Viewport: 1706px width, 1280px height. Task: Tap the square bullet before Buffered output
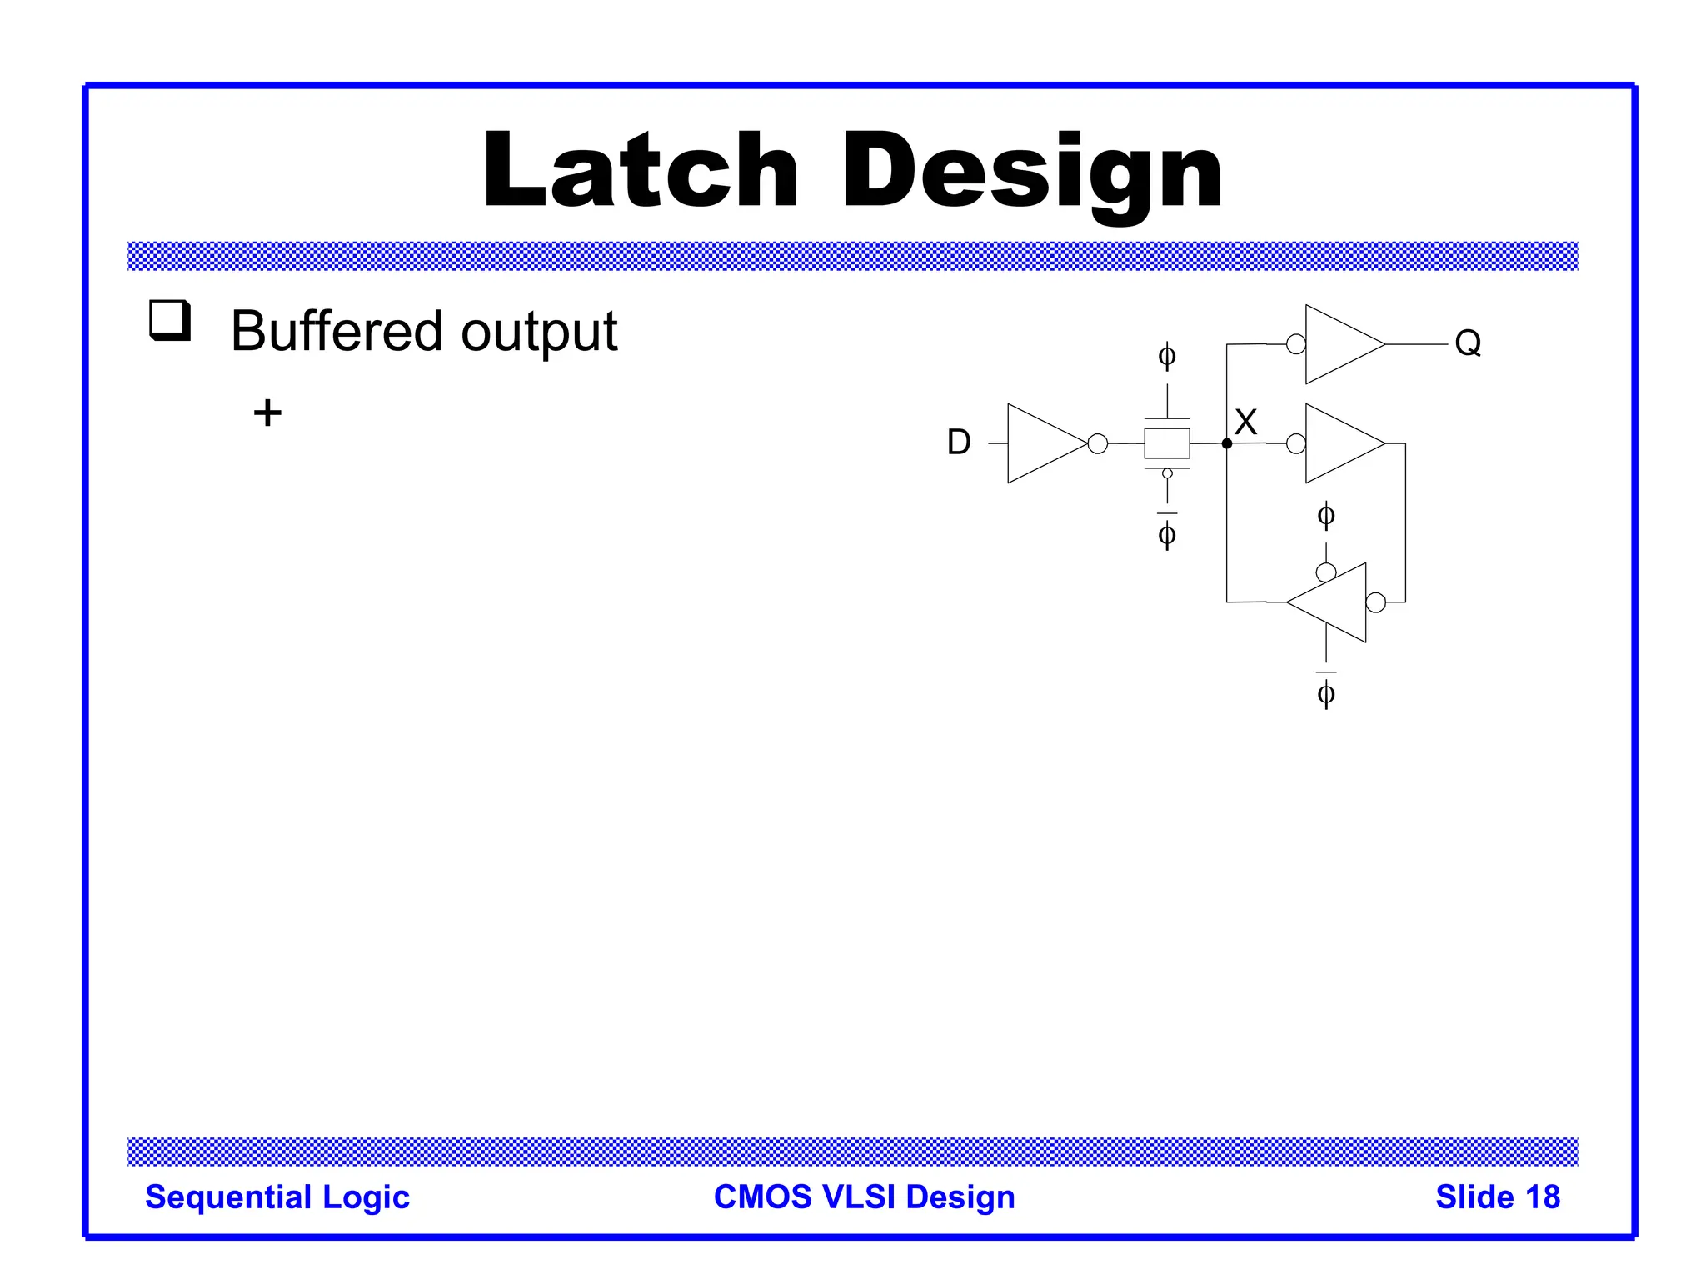(170, 321)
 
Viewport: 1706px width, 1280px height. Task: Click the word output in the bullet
(539, 332)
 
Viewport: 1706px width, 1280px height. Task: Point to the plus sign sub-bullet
(267, 412)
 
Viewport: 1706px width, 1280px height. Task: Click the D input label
(959, 442)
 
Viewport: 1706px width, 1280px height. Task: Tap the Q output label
(1468, 342)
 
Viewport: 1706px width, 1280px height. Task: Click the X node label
(1245, 422)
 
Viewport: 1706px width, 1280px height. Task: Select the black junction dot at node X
(1226, 443)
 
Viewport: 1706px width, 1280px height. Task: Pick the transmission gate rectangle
(1166, 443)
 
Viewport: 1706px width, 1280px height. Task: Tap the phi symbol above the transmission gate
(1167, 357)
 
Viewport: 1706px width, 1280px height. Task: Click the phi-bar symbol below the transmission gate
(1167, 533)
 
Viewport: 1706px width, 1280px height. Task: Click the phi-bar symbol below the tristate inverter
(1326, 692)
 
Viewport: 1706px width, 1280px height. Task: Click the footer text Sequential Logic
(277, 1197)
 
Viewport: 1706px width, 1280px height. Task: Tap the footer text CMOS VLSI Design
(865, 1197)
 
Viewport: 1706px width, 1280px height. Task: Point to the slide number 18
(1543, 1197)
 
